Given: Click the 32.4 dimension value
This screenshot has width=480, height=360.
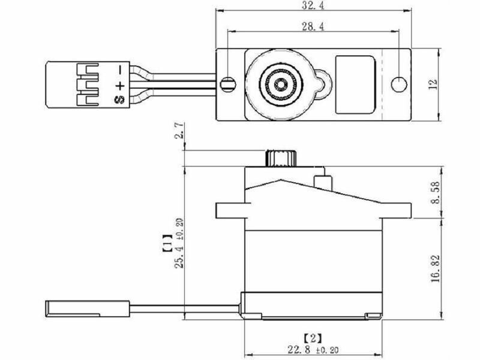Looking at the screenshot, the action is [x=313, y=5].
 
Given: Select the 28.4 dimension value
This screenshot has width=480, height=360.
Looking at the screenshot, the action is [x=313, y=26].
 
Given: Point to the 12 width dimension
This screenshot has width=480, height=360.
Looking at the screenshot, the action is [x=433, y=84].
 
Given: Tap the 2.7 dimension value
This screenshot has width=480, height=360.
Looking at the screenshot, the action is [x=179, y=131].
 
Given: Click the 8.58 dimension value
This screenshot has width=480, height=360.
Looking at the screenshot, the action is [x=435, y=192].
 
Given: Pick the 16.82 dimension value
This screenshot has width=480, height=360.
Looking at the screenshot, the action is [x=435, y=268].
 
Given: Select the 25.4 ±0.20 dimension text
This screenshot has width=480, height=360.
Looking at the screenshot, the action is [x=179, y=243].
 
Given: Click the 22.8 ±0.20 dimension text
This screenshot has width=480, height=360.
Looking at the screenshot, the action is [x=313, y=349].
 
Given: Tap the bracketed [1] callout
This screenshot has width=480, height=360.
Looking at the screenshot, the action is [x=167, y=244].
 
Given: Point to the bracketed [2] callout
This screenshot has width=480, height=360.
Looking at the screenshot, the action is [x=313, y=338].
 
